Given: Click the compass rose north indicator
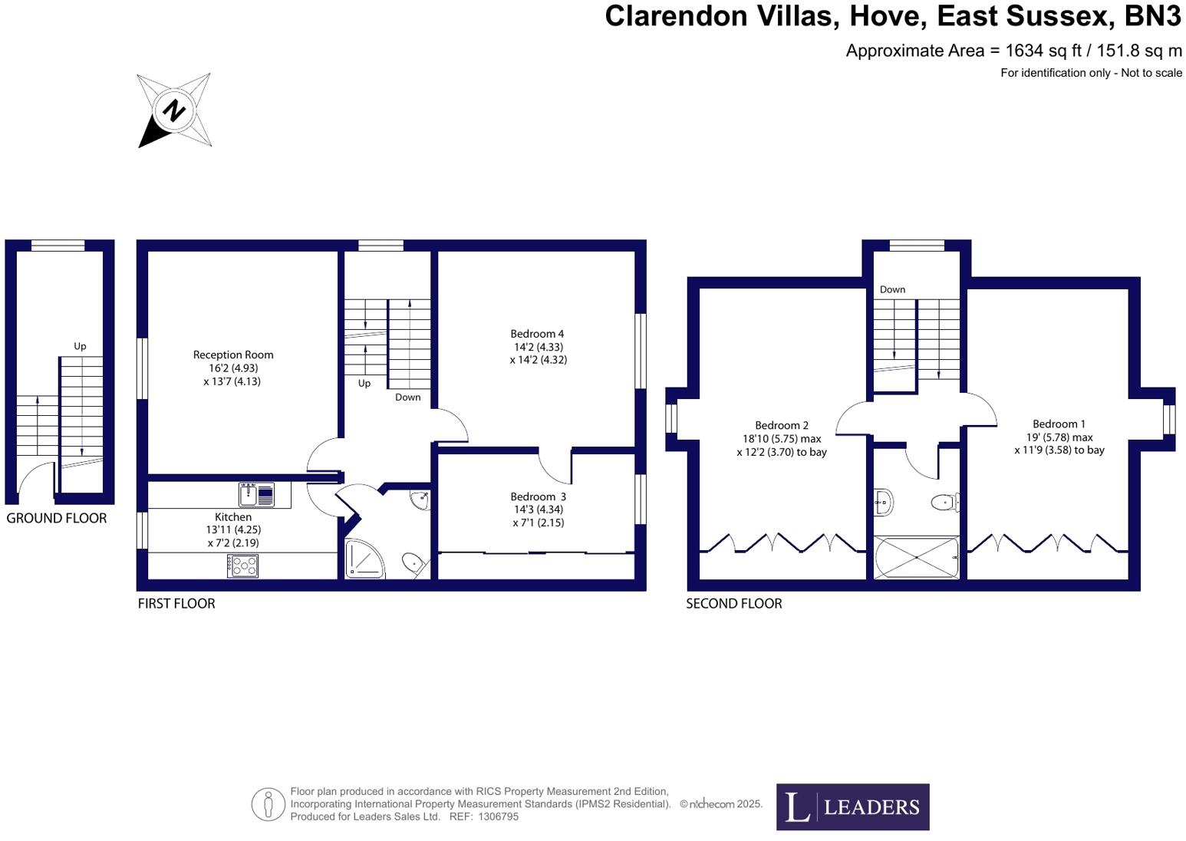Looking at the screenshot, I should tap(174, 110).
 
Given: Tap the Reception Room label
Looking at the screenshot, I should tap(233, 355).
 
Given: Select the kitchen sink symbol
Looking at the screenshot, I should tap(256, 495).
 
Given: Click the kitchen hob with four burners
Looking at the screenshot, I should tap(242, 566).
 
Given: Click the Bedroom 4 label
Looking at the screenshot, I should tap(537, 334).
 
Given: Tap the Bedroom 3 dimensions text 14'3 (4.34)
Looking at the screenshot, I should tap(539, 510).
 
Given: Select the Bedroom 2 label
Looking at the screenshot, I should tap(782, 425).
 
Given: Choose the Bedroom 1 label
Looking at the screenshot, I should tap(1059, 424).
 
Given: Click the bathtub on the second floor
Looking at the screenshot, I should tap(917, 557).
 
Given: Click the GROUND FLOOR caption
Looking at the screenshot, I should tap(57, 519).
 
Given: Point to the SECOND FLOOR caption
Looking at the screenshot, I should tap(734, 604).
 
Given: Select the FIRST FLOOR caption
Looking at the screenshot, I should tap(176, 604).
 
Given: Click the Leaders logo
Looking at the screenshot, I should tap(852, 806).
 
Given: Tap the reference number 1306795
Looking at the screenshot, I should tap(498, 817).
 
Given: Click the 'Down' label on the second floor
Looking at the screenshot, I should tap(892, 289).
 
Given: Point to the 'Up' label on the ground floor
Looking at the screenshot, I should tap(80, 346).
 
